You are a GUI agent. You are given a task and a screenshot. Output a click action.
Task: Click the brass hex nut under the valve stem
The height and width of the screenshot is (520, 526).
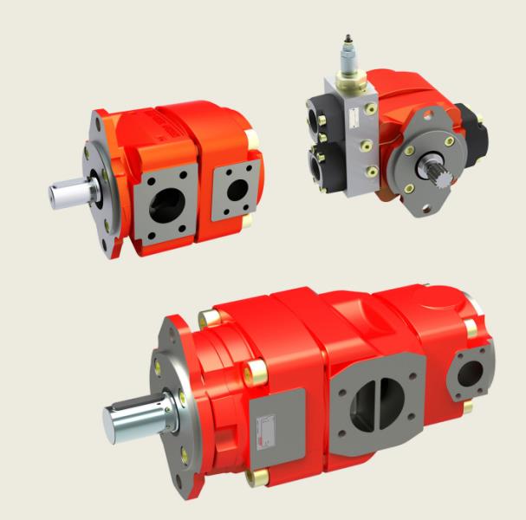tap(349, 82)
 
